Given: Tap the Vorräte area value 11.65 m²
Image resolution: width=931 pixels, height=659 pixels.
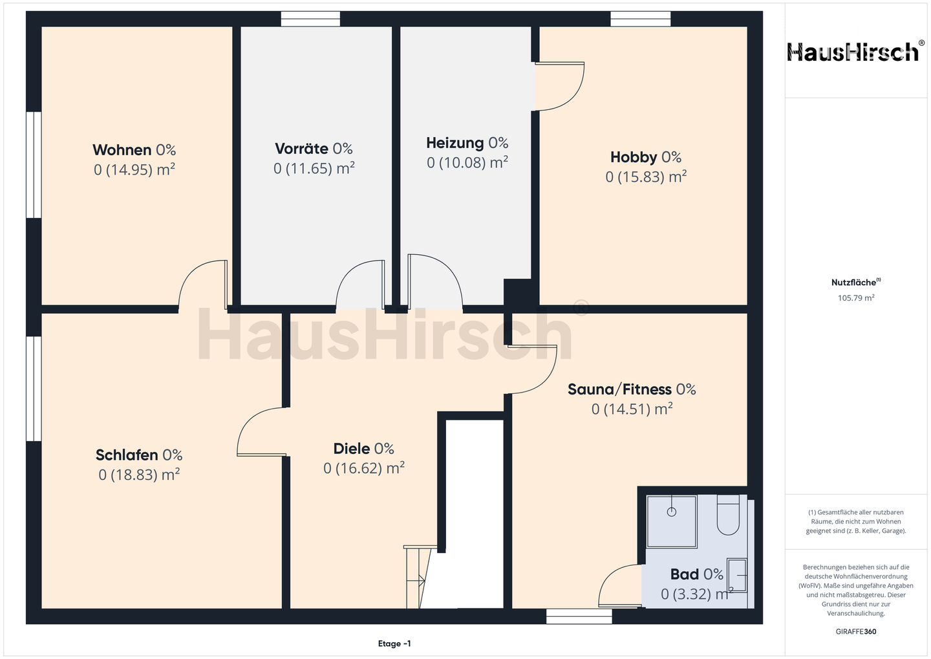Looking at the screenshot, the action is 314,168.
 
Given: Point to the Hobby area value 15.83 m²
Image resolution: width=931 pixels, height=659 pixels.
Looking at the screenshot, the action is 646,177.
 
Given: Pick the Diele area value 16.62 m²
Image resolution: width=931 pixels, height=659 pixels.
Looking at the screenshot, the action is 363,469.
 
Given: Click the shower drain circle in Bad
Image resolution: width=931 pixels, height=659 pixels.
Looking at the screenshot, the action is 672,512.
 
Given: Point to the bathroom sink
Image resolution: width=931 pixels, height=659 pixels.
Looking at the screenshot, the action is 736,576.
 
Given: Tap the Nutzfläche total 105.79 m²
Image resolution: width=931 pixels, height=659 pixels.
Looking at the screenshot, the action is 856,297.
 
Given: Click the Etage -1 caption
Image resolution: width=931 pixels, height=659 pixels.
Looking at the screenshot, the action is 394,643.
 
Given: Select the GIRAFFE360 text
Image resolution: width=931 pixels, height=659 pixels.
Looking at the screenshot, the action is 856,632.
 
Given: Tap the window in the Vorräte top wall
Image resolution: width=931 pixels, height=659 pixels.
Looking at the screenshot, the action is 310,19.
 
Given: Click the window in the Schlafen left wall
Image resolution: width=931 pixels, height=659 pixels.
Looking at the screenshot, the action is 34,388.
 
